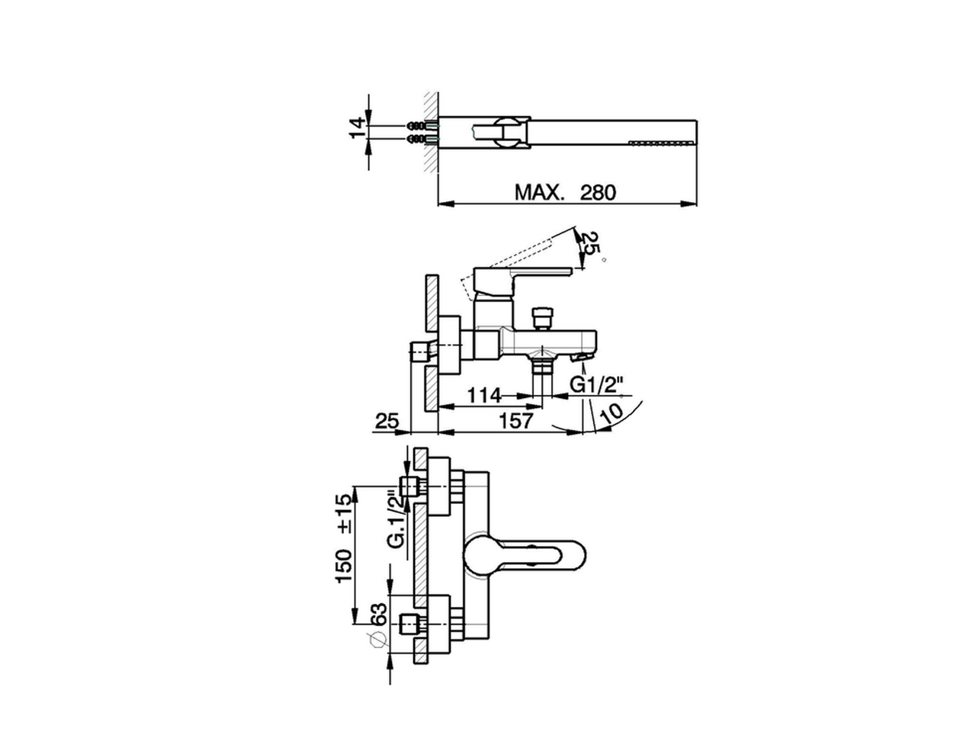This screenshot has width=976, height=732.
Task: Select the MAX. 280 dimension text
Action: [x=564, y=191]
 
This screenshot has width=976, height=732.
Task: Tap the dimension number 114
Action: [x=485, y=395]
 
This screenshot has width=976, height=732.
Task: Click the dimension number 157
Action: [x=516, y=419]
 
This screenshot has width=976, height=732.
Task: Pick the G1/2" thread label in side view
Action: [x=598, y=386]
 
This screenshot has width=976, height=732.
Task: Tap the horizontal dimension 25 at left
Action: [x=388, y=420]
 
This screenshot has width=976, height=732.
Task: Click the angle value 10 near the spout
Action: [x=612, y=412]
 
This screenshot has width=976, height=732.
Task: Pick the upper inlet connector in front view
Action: [x=411, y=486]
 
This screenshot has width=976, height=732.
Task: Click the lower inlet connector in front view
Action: [x=411, y=624]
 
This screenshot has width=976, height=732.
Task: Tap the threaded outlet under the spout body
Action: [x=542, y=364]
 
